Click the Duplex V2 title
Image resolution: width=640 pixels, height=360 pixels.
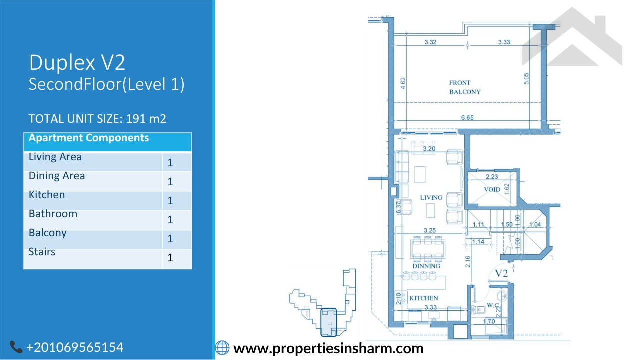click(77, 62)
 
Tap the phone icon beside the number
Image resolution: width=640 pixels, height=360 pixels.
click(16, 347)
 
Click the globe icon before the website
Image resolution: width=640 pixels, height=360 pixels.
click(222, 348)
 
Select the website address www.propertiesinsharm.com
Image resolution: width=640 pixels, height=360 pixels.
click(328, 349)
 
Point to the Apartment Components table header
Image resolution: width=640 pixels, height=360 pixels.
click(89, 138)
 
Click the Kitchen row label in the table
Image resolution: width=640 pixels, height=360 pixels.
click(47, 195)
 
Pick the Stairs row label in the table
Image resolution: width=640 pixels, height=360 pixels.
click(42, 251)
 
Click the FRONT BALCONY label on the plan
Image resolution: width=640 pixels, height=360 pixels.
click(465, 87)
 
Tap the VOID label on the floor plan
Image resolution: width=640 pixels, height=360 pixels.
click(492, 189)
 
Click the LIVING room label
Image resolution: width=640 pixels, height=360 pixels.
click(431, 197)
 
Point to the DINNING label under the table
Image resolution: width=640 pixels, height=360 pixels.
click(426, 266)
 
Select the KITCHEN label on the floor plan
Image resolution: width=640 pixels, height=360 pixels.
click(423, 298)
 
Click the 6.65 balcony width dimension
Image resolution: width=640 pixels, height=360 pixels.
click(467, 117)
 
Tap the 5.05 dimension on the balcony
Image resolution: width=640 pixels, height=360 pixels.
click(526, 79)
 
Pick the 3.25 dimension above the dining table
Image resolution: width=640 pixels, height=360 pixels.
click(429, 230)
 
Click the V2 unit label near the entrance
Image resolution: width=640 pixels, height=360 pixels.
click(501, 273)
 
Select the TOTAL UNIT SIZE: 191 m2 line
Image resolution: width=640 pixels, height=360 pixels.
click(97, 119)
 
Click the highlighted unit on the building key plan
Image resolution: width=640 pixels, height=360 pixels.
click(329, 322)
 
